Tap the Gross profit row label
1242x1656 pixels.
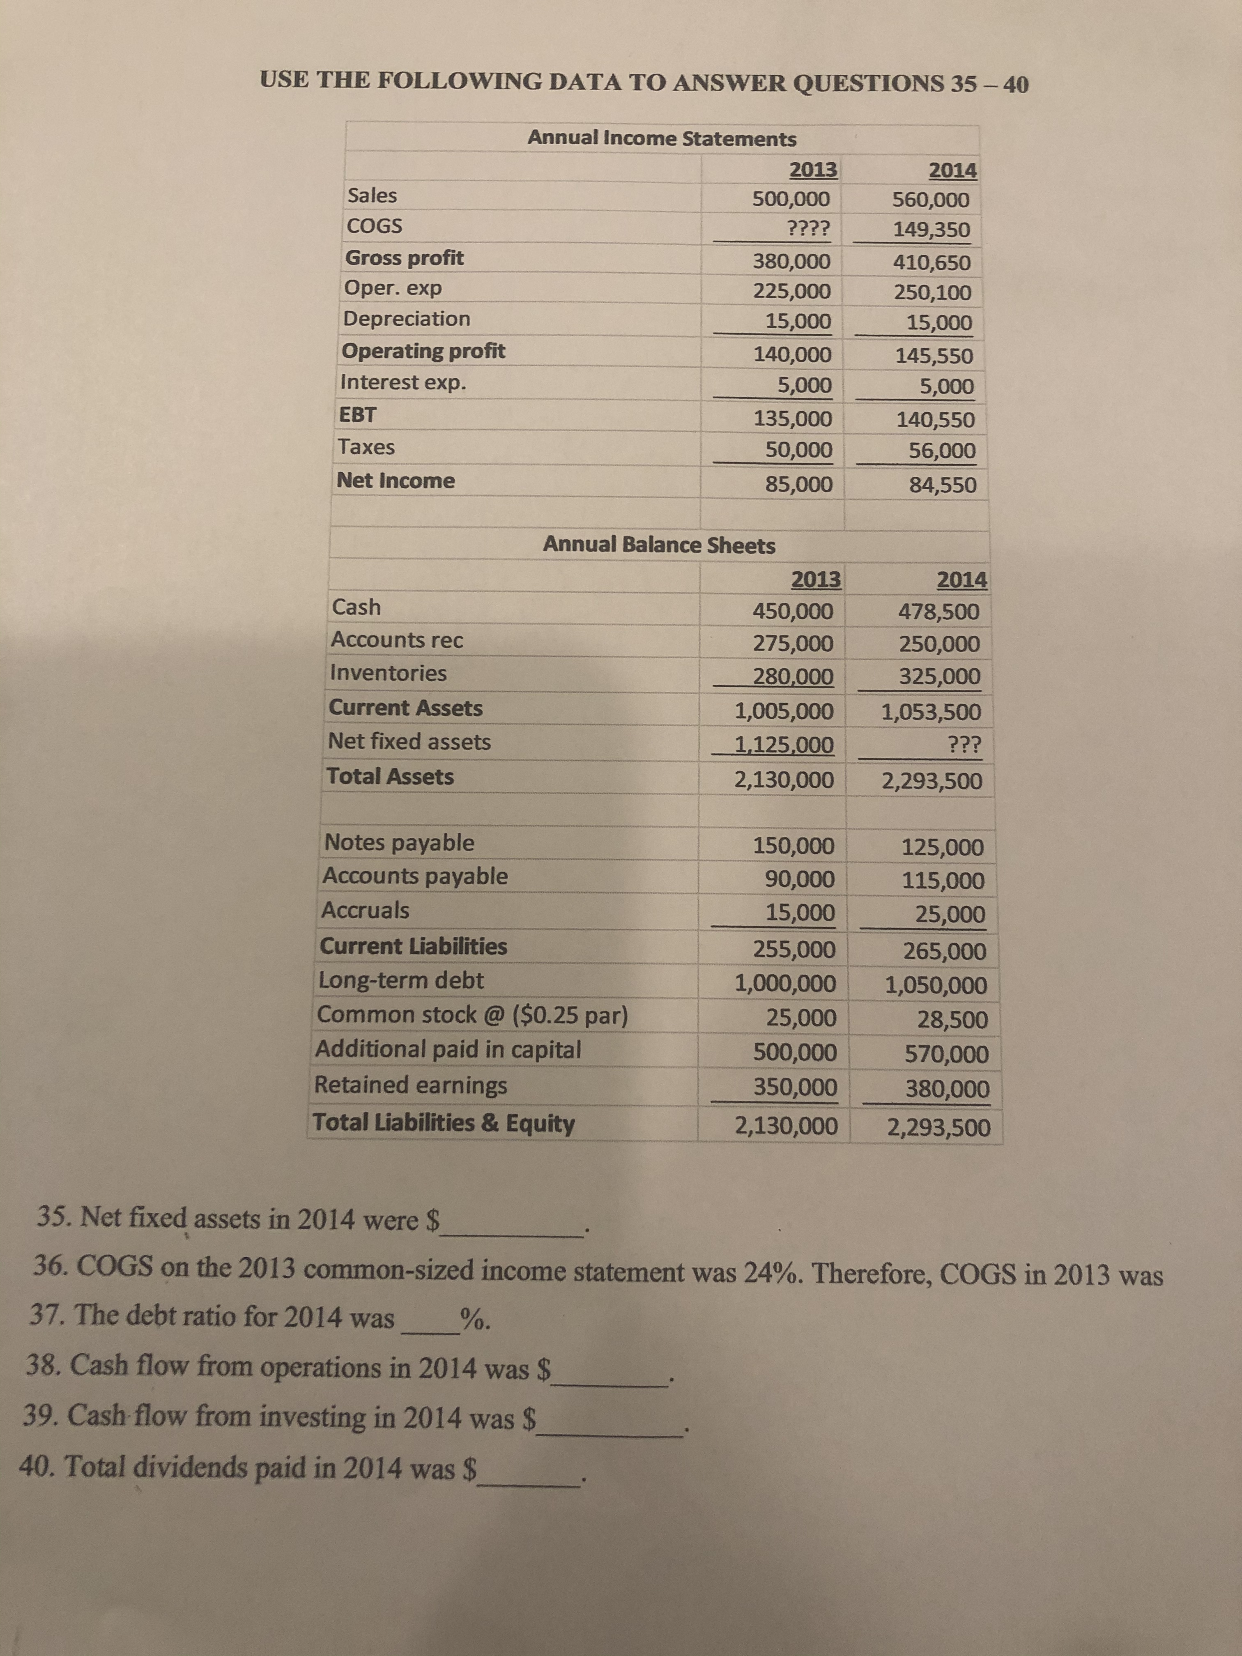[404, 258]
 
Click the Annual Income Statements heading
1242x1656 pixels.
[662, 138]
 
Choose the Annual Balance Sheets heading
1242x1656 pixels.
[659, 545]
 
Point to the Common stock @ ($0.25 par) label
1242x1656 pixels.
[472, 1015]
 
